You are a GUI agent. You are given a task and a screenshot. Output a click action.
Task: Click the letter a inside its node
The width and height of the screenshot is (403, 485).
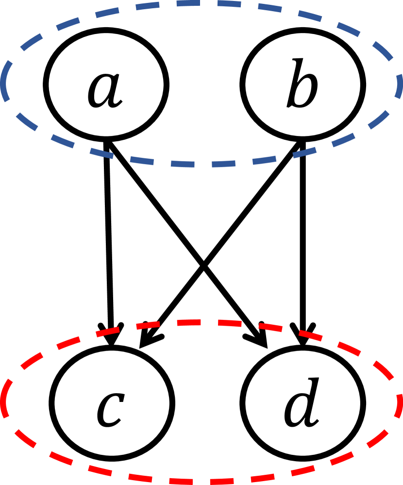click(x=105, y=90)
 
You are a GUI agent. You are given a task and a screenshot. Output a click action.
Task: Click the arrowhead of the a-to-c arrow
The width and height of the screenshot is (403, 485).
click(x=112, y=337)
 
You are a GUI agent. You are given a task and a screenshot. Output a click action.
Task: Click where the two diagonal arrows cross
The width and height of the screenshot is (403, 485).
click(x=204, y=268)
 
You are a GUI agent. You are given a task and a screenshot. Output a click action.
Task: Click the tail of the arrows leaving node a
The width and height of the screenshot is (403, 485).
click(x=107, y=143)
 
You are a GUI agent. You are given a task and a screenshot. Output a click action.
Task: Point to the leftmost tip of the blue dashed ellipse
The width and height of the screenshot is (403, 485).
click(x=4, y=83)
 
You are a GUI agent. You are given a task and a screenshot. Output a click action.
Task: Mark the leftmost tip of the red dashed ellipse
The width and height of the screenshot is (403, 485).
click(x=4, y=403)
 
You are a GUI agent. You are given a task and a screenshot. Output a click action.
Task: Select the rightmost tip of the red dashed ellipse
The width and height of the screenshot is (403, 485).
click(x=399, y=403)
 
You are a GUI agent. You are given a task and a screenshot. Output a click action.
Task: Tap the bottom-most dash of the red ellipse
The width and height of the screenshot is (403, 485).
click(x=201, y=482)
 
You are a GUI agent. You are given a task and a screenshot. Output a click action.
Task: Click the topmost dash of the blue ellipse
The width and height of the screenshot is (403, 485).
click(x=201, y=3)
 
